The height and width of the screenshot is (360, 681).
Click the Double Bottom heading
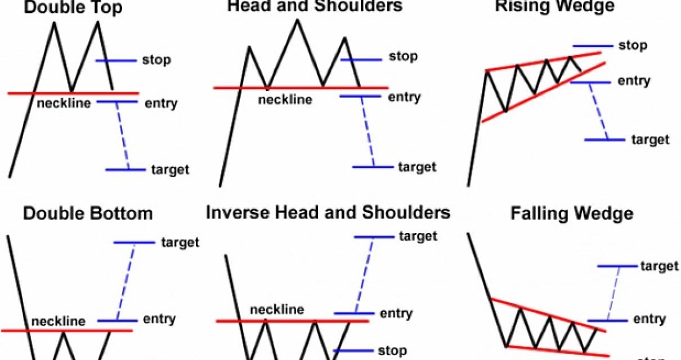coord(88,214)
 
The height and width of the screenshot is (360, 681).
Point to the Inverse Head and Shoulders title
coord(328,213)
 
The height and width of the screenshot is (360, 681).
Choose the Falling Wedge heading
coord(572,214)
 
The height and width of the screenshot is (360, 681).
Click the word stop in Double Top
coord(156,60)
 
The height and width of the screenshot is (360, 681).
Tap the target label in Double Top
coord(170,169)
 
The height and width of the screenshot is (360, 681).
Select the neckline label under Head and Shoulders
coord(285,100)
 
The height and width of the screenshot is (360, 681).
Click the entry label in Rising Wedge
coord(634,81)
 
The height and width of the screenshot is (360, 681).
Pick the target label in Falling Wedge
coord(660,265)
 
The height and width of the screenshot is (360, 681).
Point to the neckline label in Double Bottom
coord(59,322)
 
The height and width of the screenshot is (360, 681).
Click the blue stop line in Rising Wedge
coord(592,46)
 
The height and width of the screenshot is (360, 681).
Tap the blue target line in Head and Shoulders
coord(373,167)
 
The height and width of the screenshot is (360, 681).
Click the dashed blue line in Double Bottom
coord(125,281)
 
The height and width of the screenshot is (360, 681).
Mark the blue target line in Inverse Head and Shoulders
coord(374,237)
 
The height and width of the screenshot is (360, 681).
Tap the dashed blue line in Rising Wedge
coord(599,111)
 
